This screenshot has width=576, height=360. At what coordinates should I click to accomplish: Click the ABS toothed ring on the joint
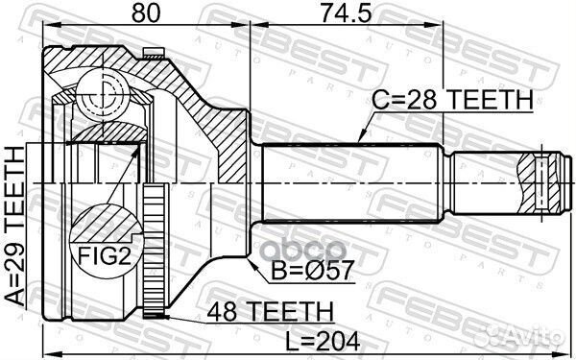(x=152, y=255)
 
